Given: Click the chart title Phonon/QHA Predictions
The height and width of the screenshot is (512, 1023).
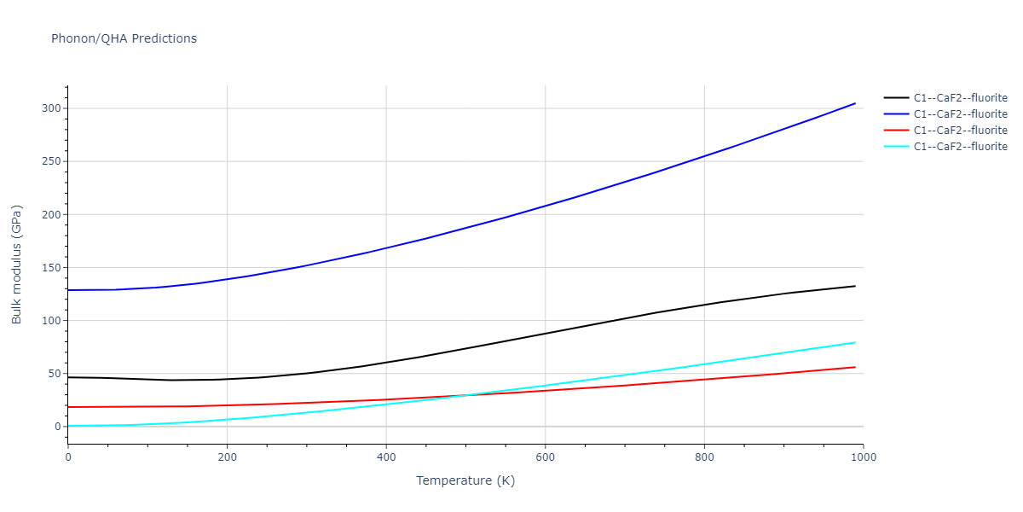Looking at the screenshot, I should (124, 38).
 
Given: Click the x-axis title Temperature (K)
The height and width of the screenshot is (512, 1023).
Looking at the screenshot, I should (465, 480).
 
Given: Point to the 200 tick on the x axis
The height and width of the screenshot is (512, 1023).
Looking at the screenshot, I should (227, 457).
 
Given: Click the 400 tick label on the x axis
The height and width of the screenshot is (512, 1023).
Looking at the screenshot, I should (386, 457).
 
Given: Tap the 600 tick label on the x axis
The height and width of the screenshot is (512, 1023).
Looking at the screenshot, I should (546, 457).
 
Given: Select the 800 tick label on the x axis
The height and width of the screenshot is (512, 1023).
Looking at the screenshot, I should (704, 457).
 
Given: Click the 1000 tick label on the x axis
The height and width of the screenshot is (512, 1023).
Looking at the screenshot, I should (864, 457).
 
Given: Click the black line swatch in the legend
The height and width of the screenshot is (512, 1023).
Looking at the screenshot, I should (895, 98).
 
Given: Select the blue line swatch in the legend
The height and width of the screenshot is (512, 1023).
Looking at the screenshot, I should (895, 114).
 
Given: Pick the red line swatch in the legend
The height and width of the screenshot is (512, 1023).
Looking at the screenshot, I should (895, 131).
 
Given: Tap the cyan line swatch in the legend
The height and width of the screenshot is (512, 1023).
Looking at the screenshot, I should (895, 147).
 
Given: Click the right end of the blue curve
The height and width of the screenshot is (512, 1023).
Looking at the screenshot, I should (855, 103).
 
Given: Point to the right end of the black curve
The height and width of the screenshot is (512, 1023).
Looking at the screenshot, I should (855, 286).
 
